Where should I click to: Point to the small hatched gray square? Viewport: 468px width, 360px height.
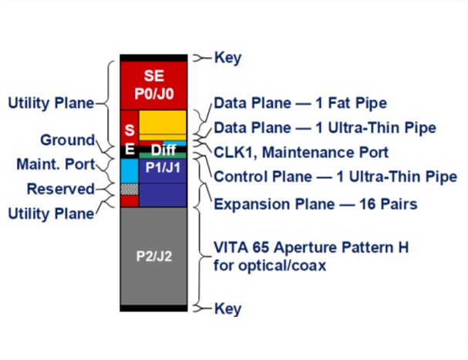pos(129,188)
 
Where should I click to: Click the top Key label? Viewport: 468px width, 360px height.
pos(227,58)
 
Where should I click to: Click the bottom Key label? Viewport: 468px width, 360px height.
pos(227,308)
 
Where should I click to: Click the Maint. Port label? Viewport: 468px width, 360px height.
pos(51,164)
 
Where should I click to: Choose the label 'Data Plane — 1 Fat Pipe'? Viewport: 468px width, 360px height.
pos(300,103)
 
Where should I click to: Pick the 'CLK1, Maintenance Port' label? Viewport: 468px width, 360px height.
pos(301,152)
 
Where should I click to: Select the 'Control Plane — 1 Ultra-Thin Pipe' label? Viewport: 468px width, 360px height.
pos(335,177)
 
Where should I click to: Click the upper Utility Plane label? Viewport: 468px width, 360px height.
pos(50,103)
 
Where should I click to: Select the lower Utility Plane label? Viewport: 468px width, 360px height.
pos(50,213)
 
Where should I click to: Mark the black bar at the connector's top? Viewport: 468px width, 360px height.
pos(153,58)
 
